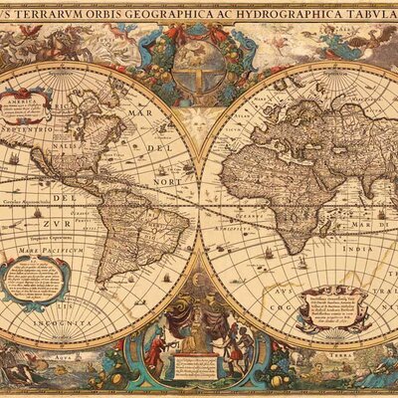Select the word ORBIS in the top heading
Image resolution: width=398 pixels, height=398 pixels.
pyautogui.click(x=123, y=13)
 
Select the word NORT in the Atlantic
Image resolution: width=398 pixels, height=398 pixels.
pyautogui.click(x=170, y=181)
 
